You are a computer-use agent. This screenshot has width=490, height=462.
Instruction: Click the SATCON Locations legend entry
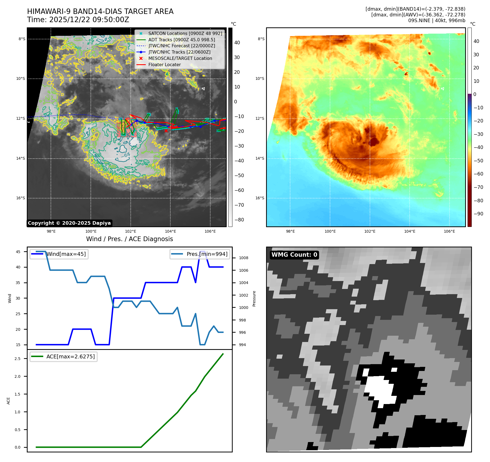(185, 33)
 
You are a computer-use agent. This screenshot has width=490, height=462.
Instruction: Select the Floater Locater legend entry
(164, 65)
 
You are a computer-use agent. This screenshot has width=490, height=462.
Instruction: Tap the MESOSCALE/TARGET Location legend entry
(180, 58)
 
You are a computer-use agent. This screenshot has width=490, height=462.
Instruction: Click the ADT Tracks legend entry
(182, 40)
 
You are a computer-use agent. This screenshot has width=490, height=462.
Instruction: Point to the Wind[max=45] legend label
(66, 254)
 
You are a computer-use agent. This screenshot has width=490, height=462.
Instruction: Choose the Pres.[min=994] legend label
(207, 254)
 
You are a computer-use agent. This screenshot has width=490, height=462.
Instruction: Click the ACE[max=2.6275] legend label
(71, 356)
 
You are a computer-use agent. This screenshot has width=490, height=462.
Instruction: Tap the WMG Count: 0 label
(294, 255)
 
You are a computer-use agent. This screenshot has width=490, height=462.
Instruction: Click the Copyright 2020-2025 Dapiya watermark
(69, 223)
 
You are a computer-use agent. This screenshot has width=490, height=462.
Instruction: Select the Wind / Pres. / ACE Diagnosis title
(129, 239)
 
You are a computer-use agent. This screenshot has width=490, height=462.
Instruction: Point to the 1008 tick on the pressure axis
(243, 258)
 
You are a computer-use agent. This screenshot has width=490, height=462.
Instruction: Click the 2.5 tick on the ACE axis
(17, 359)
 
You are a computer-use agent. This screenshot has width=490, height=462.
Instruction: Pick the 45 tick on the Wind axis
(18, 252)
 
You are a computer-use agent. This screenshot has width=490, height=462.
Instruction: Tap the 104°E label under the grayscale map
(170, 232)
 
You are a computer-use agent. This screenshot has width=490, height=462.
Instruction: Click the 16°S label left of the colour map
(260, 198)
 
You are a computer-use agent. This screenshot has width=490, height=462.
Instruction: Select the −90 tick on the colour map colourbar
(478, 214)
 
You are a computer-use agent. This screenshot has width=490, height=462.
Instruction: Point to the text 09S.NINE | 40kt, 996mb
(436, 21)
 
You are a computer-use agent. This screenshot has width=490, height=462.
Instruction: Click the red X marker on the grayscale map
(166, 131)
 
